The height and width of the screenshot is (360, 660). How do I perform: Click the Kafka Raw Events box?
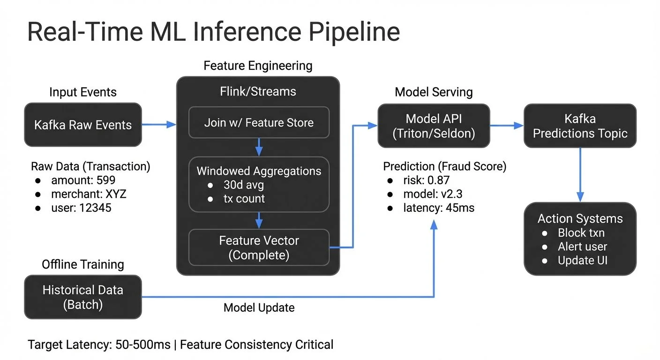[x=82, y=125]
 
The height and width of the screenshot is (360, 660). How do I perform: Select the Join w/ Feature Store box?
[x=259, y=123]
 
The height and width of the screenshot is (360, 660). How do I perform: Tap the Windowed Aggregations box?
[x=259, y=184]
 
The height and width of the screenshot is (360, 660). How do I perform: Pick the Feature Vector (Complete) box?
[x=259, y=247]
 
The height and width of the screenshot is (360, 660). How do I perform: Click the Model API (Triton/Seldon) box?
[x=434, y=126]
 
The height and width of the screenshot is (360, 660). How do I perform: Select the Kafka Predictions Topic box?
[x=580, y=126]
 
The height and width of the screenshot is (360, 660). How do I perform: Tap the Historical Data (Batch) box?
[x=82, y=297]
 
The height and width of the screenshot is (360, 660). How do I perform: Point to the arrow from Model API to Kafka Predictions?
[x=506, y=126]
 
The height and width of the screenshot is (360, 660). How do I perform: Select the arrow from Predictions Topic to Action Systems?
[x=580, y=173]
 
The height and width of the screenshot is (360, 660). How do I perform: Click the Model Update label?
[x=259, y=307]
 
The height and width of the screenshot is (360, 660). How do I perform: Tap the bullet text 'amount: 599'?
[x=83, y=180]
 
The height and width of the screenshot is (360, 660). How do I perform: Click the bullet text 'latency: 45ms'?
[x=439, y=208]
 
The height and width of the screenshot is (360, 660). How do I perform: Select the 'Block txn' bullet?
[x=581, y=233]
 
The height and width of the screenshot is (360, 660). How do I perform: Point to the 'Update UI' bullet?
[x=582, y=261]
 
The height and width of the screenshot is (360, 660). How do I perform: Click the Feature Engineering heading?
[x=258, y=66]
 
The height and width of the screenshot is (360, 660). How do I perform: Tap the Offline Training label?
[x=82, y=264]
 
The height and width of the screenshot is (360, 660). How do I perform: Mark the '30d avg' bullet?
[x=243, y=185]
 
